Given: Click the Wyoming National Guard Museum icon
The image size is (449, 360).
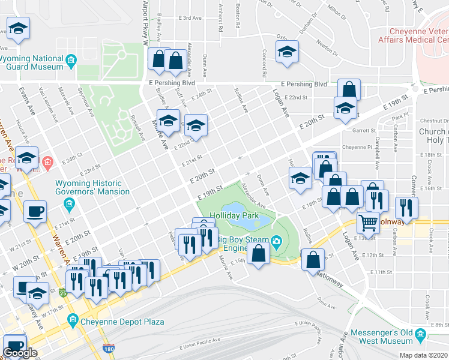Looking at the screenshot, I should pos(71,60).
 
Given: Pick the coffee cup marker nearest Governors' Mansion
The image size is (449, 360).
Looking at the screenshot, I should pos(35,211).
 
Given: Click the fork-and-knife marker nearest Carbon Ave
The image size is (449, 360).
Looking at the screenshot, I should pos(408,208).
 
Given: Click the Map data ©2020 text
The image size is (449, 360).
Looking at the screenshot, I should pos(423,355).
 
